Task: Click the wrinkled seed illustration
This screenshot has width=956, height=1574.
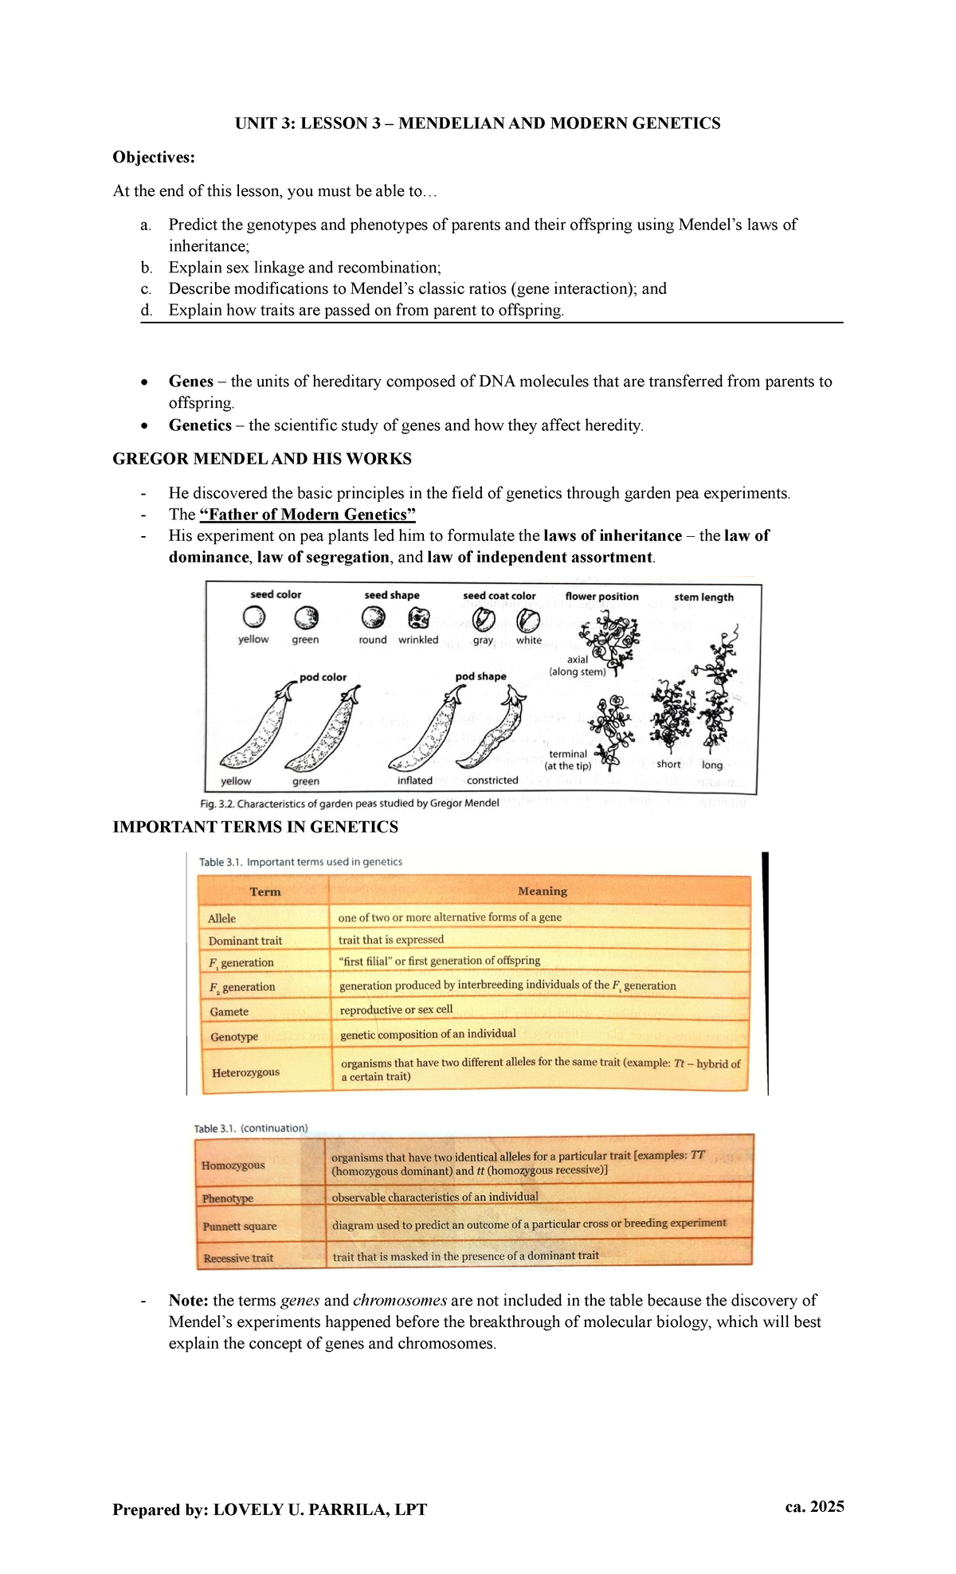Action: [418, 618]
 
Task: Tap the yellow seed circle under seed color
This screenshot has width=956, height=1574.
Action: [253, 617]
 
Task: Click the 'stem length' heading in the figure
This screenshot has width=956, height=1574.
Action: [703, 597]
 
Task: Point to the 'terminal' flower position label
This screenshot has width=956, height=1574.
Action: [568, 754]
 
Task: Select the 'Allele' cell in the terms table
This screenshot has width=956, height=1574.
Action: [222, 918]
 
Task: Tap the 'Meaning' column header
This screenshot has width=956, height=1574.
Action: [542, 891]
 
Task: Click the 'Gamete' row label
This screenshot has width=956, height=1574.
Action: [229, 1012]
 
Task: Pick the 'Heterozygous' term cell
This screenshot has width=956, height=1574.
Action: [245, 1072]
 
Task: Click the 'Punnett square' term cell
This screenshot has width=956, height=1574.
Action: [239, 1226]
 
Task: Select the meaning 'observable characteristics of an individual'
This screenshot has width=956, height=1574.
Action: [435, 1196]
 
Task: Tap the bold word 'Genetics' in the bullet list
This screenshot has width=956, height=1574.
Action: [200, 425]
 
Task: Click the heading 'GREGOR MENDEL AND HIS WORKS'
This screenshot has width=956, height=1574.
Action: [262, 459]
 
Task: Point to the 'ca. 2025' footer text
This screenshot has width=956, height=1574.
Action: [814, 1506]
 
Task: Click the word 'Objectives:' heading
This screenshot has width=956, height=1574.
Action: [154, 157]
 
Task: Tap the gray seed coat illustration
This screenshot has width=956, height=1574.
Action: [484, 619]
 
